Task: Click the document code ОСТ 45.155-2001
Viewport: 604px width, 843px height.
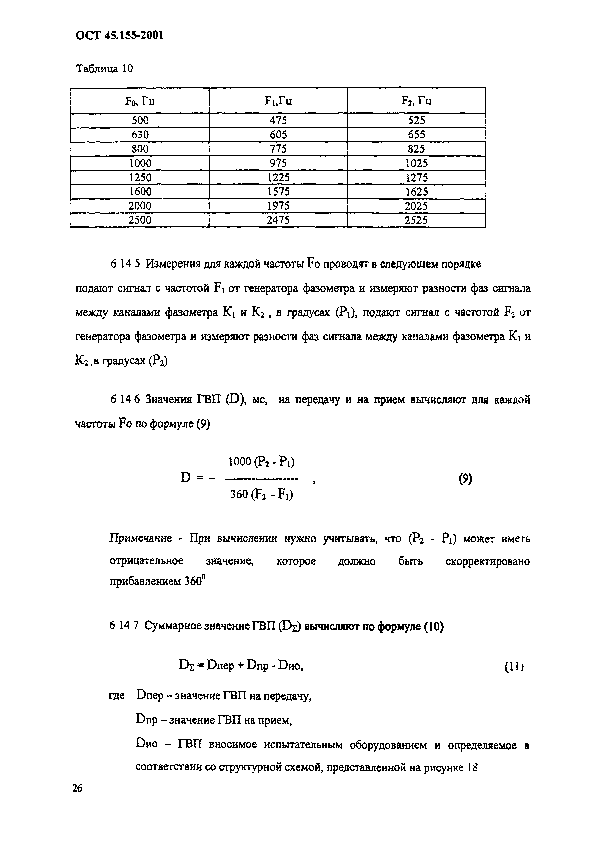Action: pyautogui.click(x=119, y=35)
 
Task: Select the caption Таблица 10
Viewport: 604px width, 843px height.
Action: pyautogui.click(x=104, y=69)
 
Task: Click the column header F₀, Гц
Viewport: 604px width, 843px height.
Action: pyautogui.click(x=140, y=101)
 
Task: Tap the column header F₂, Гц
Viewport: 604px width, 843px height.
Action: pyautogui.click(x=416, y=101)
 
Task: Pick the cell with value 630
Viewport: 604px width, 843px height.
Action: pyautogui.click(x=140, y=134)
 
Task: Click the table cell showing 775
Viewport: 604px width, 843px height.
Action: pyautogui.click(x=278, y=149)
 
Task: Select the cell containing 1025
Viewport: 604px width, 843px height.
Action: pyautogui.click(x=416, y=163)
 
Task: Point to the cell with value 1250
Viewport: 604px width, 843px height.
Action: pyautogui.click(x=140, y=177)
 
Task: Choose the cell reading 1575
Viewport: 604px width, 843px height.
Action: pyautogui.click(x=278, y=191)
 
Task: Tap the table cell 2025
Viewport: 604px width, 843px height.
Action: pyautogui.click(x=416, y=206)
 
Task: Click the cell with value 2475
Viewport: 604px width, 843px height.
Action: pyautogui.click(x=278, y=220)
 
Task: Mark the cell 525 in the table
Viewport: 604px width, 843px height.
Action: pyautogui.click(x=416, y=120)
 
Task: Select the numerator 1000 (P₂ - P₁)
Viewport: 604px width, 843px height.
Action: pyautogui.click(x=261, y=462)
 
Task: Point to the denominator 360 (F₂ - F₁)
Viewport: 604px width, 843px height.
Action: pyautogui.click(x=261, y=495)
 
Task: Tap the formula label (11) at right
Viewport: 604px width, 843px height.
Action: pyautogui.click(x=514, y=666)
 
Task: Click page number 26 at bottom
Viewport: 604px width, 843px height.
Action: pyautogui.click(x=77, y=788)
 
